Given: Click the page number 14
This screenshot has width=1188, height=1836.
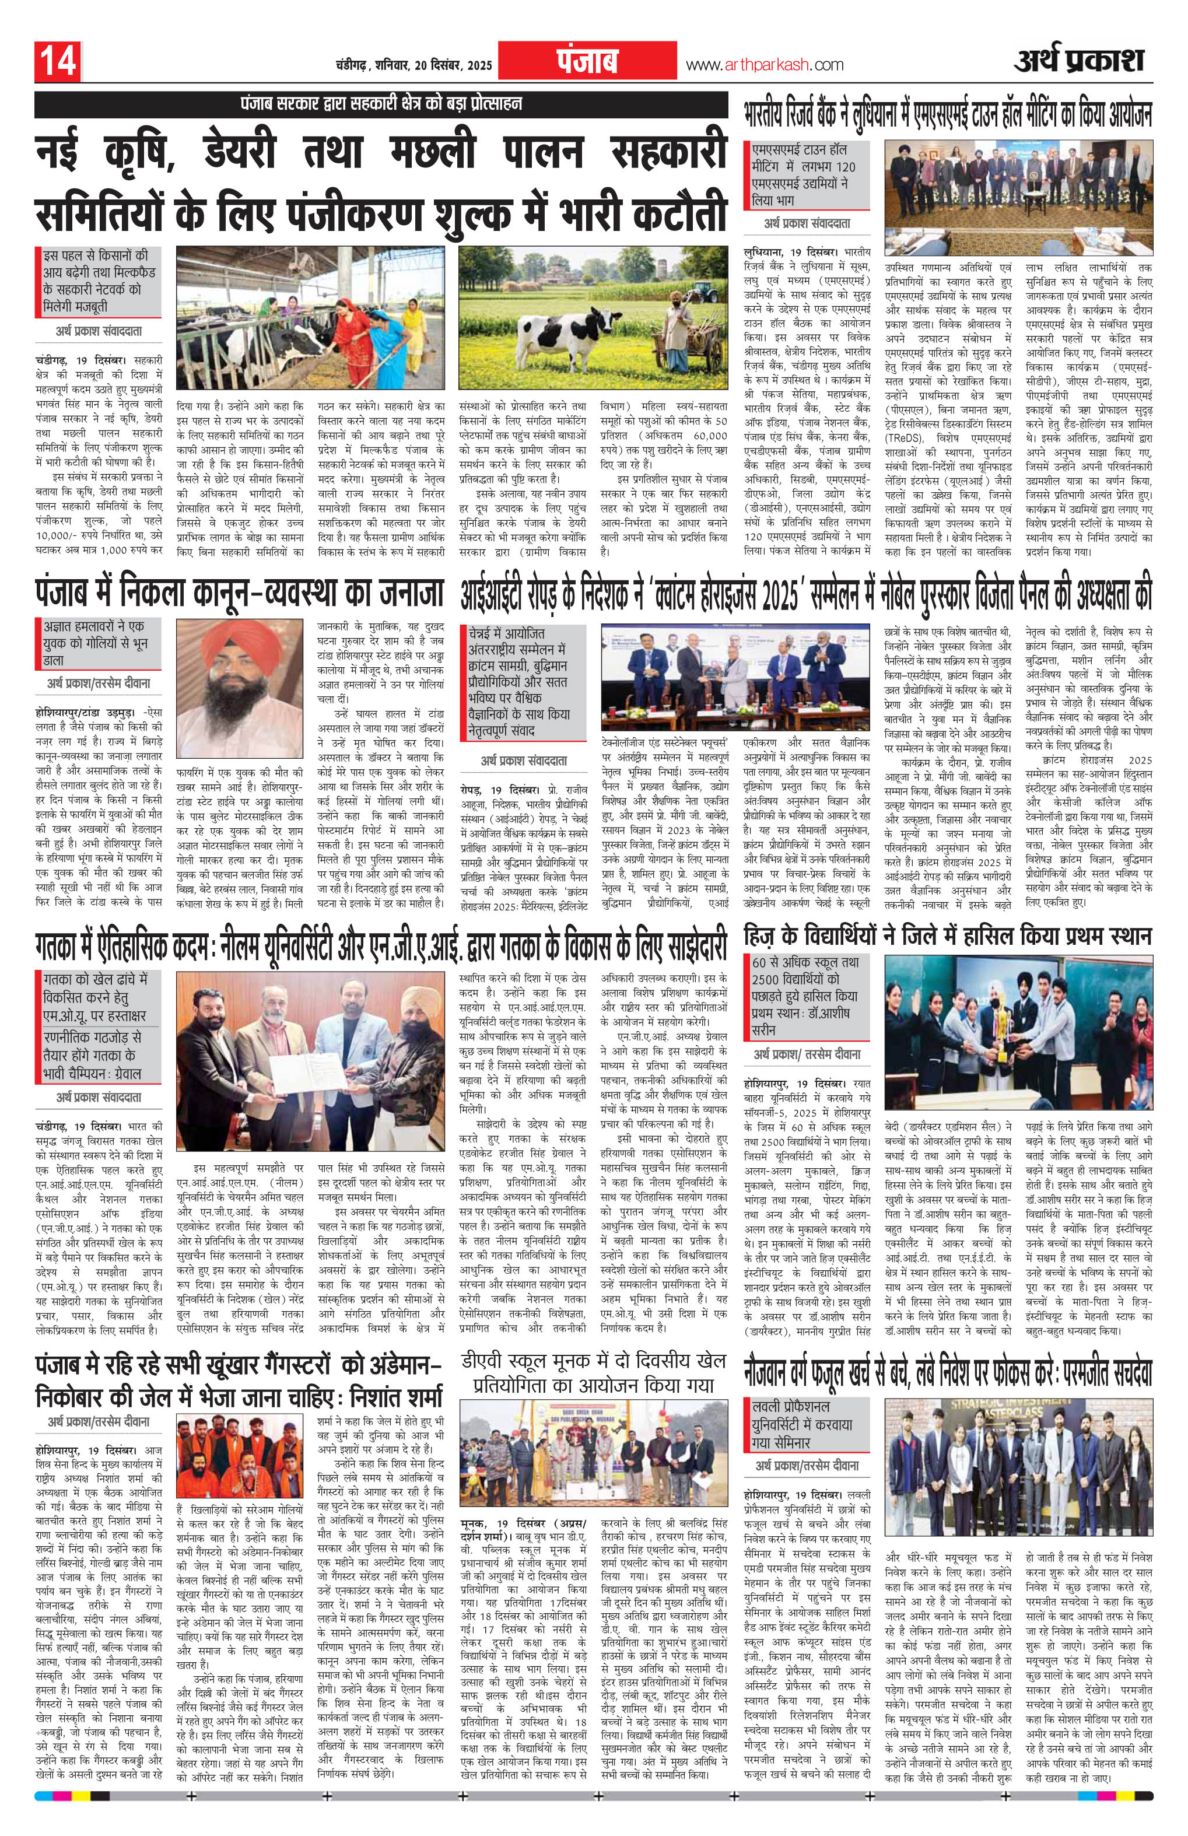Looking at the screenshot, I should pyautogui.click(x=57, y=62).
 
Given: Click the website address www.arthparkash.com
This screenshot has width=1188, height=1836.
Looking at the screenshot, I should pyautogui.click(x=764, y=65).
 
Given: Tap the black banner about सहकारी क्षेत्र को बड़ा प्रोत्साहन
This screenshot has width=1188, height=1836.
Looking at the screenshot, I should pyautogui.click(x=381, y=103).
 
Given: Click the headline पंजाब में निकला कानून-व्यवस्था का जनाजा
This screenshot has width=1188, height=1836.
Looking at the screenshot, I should pyautogui.click(x=240, y=593).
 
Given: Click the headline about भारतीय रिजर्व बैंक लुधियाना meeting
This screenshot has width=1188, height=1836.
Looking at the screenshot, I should pyautogui.click(x=947, y=115).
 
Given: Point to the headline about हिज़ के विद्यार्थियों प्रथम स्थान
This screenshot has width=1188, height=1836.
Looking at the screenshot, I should pyautogui.click(x=947, y=937).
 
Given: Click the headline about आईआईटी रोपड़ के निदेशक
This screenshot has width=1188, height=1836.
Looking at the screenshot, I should pyautogui.click(x=805, y=594).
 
